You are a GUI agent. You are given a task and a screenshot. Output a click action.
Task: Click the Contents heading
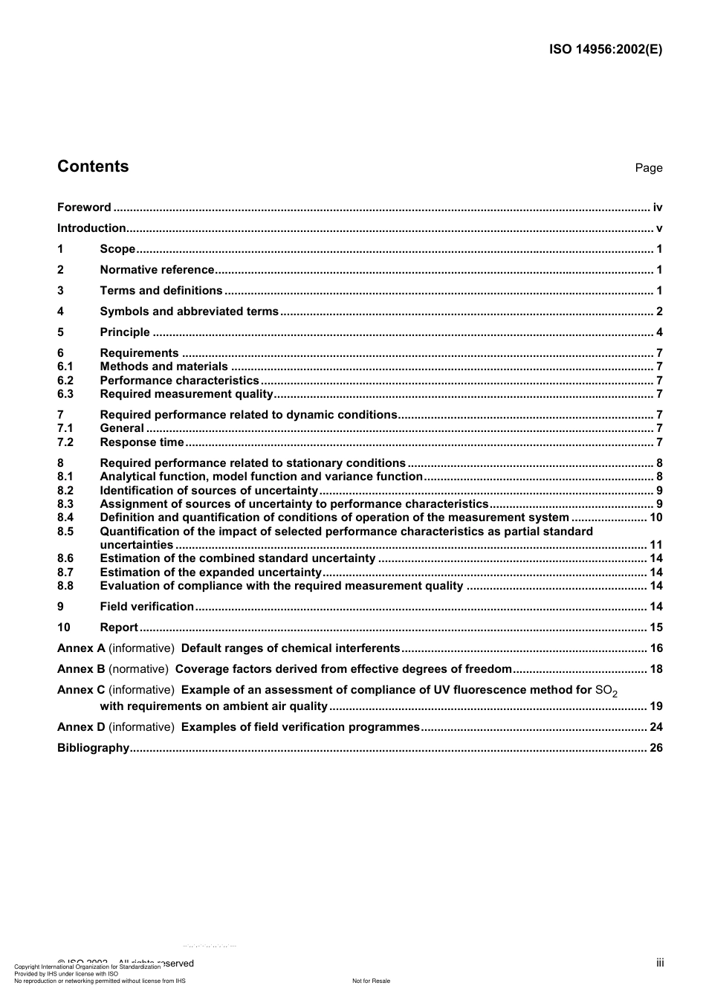[x=93, y=167]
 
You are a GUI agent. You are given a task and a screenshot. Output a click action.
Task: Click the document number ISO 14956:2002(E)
[x=605, y=50]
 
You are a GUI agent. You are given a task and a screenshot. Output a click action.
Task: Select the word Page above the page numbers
[x=648, y=168]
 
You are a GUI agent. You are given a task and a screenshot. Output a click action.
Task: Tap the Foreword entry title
[x=84, y=207]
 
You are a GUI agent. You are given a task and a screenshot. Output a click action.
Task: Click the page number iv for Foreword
[x=657, y=207]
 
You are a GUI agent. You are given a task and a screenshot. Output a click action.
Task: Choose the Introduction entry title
[x=91, y=228]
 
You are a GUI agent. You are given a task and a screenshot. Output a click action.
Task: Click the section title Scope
[x=117, y=249]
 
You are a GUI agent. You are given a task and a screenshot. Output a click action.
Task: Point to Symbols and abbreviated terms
[x=189, y=312]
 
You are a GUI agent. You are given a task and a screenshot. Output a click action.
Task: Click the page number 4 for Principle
[x=659, y=332]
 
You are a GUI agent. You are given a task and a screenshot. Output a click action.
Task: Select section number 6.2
[x=65, y=381]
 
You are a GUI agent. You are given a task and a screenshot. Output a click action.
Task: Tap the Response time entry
[x=141, y=442]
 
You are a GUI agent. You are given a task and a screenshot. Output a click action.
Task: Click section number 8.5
[x=65, y=532]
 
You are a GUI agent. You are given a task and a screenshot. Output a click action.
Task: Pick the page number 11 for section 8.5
[x=655, y=545]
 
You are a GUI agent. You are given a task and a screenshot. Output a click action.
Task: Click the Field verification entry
[x=146, y=607]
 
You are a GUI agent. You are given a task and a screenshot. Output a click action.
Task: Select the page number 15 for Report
[x=655, y=628]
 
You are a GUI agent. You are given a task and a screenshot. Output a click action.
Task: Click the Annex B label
[x=81, y=669]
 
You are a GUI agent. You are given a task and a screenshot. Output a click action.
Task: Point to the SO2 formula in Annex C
[x=606, y=691]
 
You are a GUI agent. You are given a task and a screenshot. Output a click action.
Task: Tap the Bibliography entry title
[x=93, y=748]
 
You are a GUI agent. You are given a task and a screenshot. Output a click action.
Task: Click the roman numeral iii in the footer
[x=660, y=963]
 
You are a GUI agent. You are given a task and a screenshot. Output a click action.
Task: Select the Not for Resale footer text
[x=371, y=981]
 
